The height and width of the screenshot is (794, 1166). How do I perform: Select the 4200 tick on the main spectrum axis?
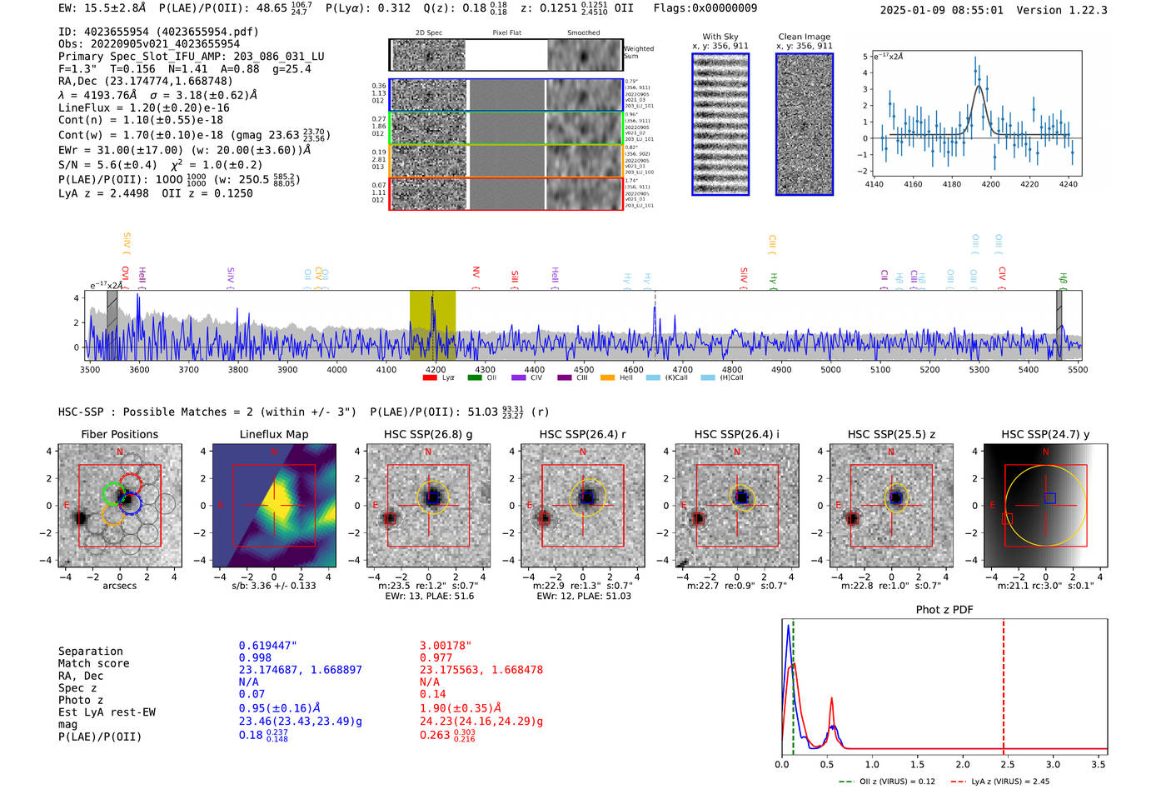point(436,370)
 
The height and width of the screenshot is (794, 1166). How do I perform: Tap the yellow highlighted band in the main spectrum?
point(432,325)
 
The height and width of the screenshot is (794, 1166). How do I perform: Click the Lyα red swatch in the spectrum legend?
point(430,377)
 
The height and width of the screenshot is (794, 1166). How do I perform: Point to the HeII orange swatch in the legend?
point(607,377)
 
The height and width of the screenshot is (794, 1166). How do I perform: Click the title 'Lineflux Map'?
point(274,434)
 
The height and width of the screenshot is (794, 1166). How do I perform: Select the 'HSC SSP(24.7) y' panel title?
point(1045,434)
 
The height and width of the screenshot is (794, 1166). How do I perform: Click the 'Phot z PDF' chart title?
point(944,610)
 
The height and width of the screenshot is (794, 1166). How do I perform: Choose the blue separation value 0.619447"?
point(268,646)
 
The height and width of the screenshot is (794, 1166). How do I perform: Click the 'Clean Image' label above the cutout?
point(804,37)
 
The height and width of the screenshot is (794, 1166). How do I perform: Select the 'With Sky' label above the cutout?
point(720,37)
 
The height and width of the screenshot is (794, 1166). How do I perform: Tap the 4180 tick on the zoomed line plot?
point(952,184)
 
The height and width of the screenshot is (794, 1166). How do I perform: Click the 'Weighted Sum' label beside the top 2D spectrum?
point(639,52)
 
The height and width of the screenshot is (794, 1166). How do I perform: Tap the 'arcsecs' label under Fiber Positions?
point(120,586)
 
